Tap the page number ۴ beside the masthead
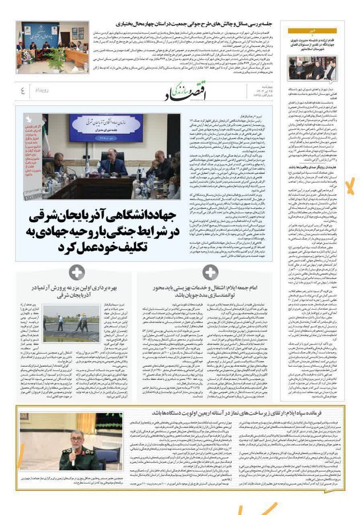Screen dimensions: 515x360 tap(22, 90)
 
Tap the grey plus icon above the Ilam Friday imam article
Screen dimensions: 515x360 tap(210, 273)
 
